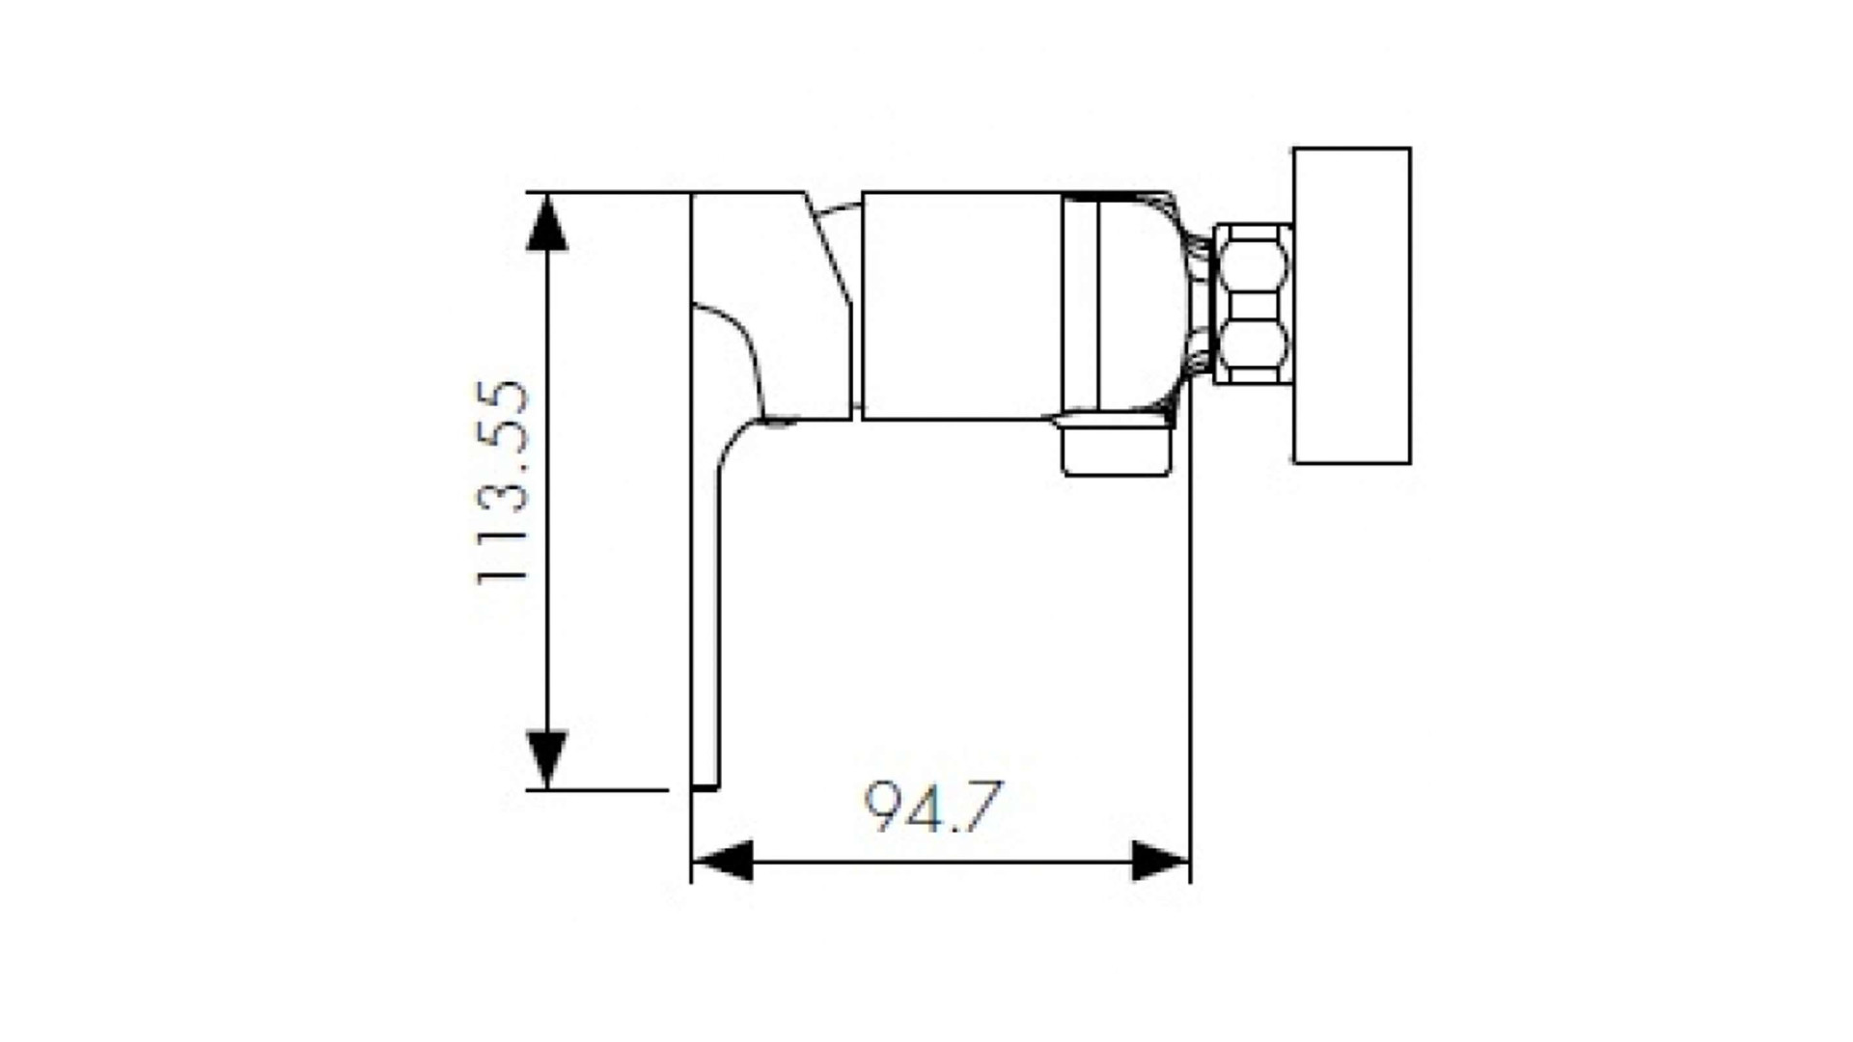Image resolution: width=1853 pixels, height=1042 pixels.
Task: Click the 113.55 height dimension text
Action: [503, 482]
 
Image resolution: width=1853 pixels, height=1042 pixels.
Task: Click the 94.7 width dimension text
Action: [933, 807]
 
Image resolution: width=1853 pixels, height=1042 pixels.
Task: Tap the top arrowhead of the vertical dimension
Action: [547, 222]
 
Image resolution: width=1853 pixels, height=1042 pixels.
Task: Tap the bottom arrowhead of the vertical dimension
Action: [547, 760]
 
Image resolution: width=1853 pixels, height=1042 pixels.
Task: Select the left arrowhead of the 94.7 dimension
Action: [723, 861]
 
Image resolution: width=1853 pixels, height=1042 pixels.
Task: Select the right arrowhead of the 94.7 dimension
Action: [1161, 861]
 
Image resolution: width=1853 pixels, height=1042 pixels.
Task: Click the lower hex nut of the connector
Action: [1253, 343]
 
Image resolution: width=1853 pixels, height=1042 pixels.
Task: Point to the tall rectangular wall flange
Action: [1351, 306]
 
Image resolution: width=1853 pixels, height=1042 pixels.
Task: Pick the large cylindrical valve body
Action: [961, 306]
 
